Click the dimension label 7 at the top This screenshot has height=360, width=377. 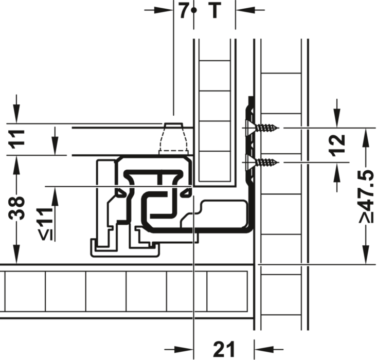point(184,11)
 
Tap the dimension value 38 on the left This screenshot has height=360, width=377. point(16,208)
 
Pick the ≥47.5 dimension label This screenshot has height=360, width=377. point(367,196)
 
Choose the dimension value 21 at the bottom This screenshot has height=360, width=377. point(224,349)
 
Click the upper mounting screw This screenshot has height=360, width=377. point(262,128)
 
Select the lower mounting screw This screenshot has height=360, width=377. point(262,163)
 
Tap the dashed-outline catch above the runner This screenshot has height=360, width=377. point(173,139)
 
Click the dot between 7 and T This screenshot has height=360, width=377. point(194,10)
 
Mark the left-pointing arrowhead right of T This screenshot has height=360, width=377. point(245,10)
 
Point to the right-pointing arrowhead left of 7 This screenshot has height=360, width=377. point(164,10)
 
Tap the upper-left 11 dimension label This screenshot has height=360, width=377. point(16,139)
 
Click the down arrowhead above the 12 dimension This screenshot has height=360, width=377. point(337,118)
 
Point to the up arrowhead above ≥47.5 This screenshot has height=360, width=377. point(366,137)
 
